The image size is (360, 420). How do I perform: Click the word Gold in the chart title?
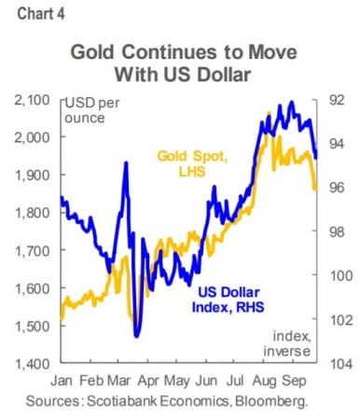95,52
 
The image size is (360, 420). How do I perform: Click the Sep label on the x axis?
297,382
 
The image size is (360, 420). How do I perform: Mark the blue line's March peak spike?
125,163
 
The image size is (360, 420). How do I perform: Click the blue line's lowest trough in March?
136,336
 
